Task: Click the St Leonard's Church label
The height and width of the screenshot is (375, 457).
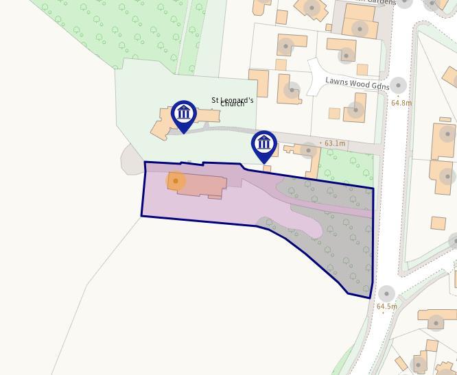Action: pos(232,101)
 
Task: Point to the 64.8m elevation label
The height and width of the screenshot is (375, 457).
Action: pos(401,103)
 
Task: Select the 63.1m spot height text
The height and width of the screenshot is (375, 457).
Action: pos(334,144)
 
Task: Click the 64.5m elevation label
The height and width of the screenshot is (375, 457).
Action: pos(386,306)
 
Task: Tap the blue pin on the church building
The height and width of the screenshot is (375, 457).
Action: pos(183,113)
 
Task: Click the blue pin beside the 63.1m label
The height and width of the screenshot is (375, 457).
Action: pos(264,144)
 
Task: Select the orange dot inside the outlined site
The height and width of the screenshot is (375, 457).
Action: pos(176,181)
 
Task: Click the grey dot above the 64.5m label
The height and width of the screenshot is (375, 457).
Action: pos(386,293)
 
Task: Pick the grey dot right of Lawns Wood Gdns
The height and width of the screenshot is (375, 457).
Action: pos(398,86)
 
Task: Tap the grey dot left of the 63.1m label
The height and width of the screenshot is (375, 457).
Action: pos(308,150)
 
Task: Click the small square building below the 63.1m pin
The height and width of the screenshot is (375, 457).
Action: pos(267,168)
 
